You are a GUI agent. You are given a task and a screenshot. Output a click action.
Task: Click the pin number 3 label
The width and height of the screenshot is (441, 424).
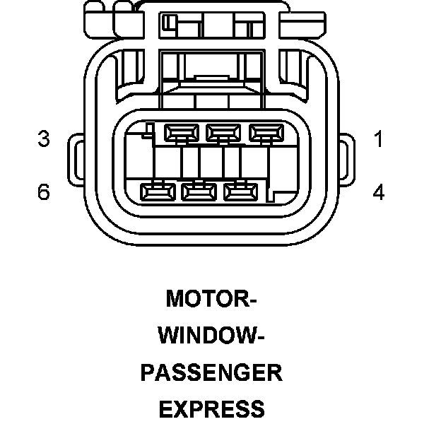click(44, 139)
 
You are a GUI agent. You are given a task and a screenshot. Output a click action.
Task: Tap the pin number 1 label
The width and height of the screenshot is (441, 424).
click(379, 139)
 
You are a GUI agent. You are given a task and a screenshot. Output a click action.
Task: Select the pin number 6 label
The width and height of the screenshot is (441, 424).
click(44, 192)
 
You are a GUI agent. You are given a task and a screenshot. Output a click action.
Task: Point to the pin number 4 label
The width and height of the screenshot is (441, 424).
click(379, 192)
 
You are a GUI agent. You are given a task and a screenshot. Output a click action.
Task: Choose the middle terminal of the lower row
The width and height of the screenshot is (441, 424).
click(200, 191)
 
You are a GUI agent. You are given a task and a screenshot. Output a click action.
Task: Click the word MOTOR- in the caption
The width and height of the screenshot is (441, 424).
click(211, 299)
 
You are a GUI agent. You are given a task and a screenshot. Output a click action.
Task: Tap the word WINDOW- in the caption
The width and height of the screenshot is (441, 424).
click(211, 335)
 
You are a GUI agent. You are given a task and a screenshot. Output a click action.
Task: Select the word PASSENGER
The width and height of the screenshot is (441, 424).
click(211, 372)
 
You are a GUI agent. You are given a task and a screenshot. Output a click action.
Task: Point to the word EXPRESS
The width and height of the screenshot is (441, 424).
click(211, 408)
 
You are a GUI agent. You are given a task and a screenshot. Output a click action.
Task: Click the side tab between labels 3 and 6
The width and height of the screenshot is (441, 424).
click(77, 164)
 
